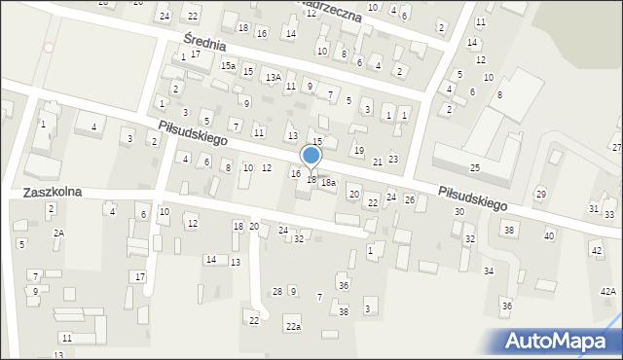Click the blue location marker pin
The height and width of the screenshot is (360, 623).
coord(311,157)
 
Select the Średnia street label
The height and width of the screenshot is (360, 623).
coord(205,42)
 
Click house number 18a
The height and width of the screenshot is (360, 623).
coord(329,183)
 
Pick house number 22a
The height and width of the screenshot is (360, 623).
coord(293,326)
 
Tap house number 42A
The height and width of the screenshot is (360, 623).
coord(607,292)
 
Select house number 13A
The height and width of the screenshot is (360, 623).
coord(274,77)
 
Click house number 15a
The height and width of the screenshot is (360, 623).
coord(228,65)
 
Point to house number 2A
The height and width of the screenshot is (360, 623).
coord(58,233)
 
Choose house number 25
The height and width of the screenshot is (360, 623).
coord(474,168)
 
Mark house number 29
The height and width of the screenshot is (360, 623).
coord(540,194)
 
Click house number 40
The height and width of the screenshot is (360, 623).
coord(549,235)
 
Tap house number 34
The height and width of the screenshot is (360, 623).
coord(488,270)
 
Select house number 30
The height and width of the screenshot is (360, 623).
coord(458,211)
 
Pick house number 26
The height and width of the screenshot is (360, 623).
coord(410,199)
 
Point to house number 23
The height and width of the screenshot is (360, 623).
coord(393,159)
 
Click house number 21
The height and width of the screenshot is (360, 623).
coord(378,162)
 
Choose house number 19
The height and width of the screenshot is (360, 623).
coord(358,150)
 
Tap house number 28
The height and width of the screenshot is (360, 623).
coord(277,292)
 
